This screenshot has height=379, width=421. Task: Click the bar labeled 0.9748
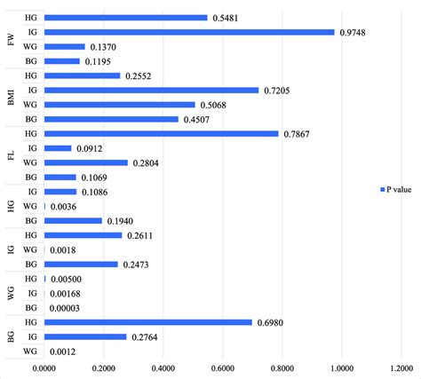[188, 32]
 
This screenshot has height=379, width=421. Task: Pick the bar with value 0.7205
[150, 90]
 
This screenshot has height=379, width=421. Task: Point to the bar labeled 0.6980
[147, 321]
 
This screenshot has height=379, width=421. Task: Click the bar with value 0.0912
[57, 148]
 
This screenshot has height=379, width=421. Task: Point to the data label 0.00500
[67, 279]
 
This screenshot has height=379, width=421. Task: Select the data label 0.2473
[140, 264]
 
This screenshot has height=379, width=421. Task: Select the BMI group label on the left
[10, 98]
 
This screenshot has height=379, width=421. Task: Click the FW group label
[10, 39]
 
